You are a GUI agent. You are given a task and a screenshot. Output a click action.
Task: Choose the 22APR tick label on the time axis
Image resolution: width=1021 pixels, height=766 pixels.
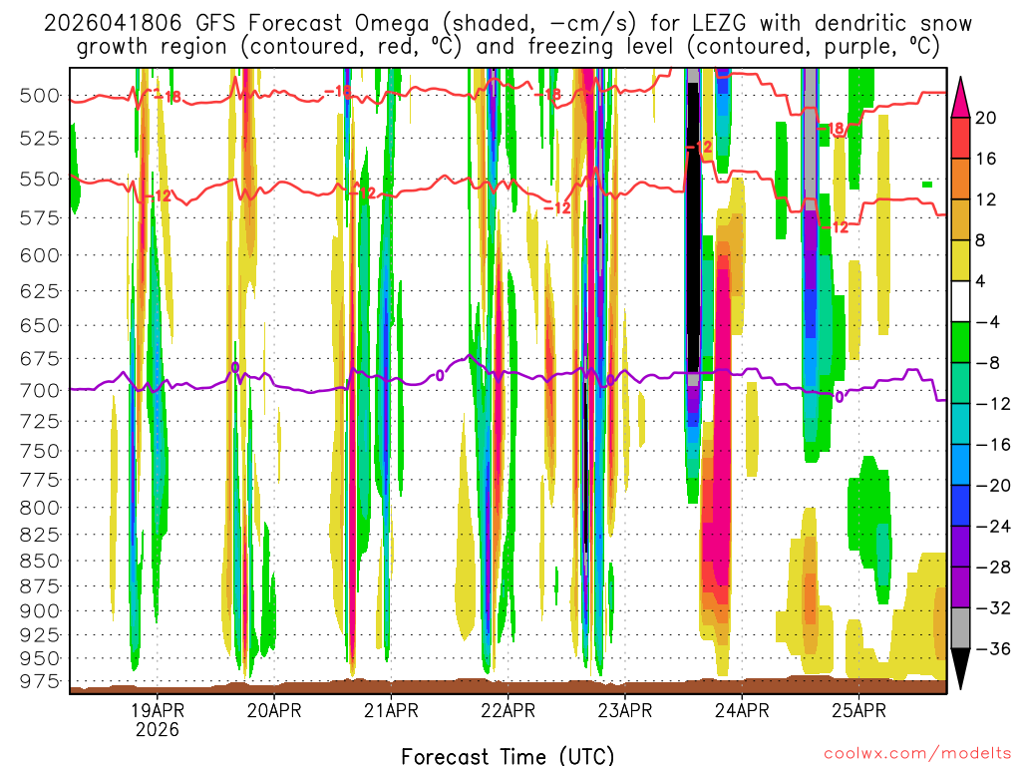(x=508, y=711)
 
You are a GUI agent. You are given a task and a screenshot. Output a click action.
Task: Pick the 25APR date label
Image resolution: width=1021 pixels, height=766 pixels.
(x=858, y=711)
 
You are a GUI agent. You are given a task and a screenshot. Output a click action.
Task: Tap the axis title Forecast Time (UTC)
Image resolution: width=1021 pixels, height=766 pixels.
(x=508, y=755)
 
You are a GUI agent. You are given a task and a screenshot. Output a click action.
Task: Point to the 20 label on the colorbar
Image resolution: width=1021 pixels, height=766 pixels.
(x=986, y=118)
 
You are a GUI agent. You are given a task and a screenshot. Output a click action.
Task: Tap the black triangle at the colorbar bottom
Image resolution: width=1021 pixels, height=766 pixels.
(x=962, y=674)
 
